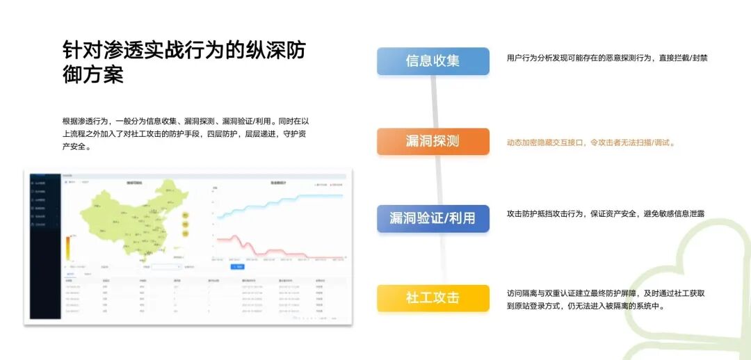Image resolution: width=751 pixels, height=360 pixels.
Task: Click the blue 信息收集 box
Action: click(433, 61)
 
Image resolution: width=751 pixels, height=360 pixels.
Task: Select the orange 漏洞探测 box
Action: click(433, 141)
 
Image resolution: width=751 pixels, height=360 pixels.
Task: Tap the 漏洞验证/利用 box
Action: click(433, 218)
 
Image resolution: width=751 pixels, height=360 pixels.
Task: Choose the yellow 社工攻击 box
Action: click(433, 298)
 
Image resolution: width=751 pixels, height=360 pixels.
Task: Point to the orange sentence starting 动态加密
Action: click(591, 142)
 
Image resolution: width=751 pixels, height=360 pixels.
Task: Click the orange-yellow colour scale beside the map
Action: click(67, 247)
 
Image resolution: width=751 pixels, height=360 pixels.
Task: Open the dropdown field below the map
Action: click(167, 266)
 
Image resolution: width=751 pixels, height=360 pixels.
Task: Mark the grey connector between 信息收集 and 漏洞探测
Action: click(433, 101)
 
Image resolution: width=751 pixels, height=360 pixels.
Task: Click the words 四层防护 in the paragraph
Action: click(213, 133)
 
